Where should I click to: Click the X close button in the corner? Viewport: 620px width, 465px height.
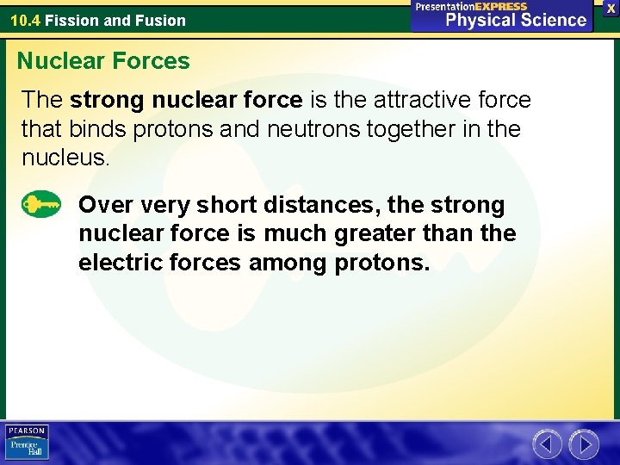click(x=611, y=8)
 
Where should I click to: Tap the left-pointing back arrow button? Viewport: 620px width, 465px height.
click(x=547, y=444)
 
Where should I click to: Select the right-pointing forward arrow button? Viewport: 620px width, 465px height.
click(x=584, y=444)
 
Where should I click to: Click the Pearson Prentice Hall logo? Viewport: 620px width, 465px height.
click(x=28, y=443)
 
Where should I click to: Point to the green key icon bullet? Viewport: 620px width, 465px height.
click(x=41, y=205)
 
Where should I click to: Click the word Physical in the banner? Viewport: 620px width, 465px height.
click(x=476, y=21)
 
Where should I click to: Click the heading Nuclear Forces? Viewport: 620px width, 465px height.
click(x=103, y=61)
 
